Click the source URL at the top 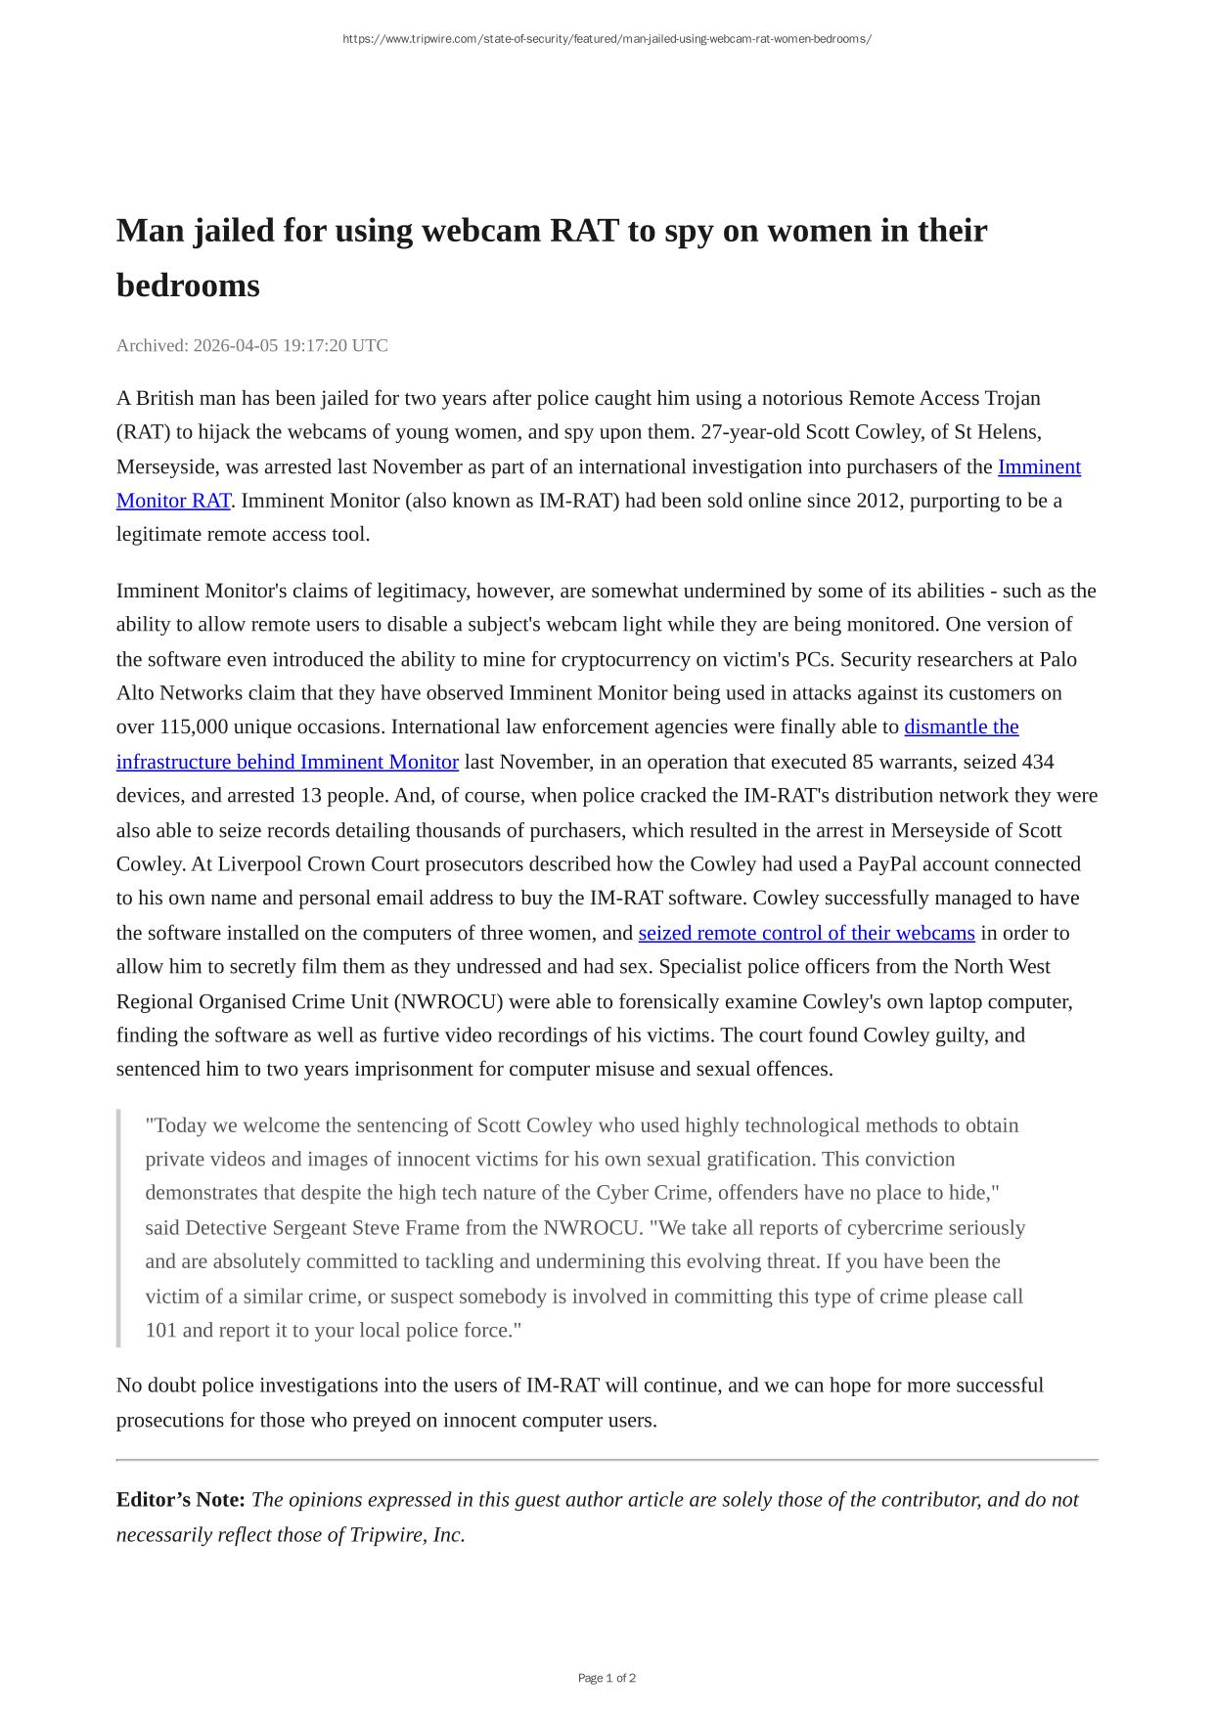coord(607,39)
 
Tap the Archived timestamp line coord(252,345)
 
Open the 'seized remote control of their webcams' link coord(806,933)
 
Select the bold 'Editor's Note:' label coord(181,1499)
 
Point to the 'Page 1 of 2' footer coord(607,1678)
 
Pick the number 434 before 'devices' coord(1037,761)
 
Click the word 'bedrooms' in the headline coord(188,286)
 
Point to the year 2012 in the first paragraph coord(877,500)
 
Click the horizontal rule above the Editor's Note coord(607,1460)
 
